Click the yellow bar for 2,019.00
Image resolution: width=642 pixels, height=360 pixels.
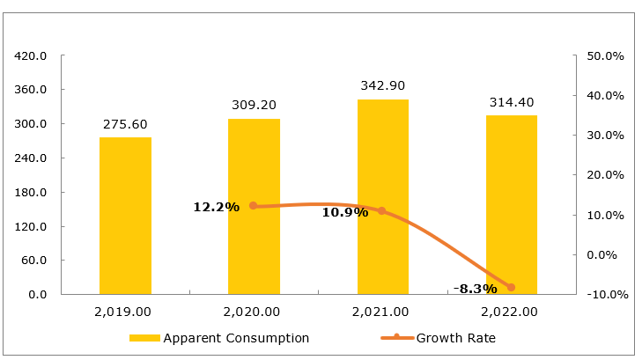click(125, 216)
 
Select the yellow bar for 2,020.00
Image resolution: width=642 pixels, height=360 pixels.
click(254, 206)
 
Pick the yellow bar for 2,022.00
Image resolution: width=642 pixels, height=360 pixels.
click(512, 204)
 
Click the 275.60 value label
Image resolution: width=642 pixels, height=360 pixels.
click(125, 124)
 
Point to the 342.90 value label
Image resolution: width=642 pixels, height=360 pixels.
click(383, 86)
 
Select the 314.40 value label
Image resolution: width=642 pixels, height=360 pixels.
click(512, 102)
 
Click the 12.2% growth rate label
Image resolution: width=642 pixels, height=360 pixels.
click(217, 207)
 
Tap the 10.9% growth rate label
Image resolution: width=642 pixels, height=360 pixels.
click(344, 212)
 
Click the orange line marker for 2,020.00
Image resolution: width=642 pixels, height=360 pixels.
click(254, 206)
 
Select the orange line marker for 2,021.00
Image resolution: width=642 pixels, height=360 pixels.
click(382, 211)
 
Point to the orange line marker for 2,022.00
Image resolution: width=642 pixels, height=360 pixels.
click(511, 287)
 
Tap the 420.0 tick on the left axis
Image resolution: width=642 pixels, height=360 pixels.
click(31, 55)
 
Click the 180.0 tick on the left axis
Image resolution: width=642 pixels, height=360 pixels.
click(31, 192)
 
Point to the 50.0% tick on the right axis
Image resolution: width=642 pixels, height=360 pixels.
click(605, 55)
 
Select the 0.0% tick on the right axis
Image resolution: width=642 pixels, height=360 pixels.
click(608, 254)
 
